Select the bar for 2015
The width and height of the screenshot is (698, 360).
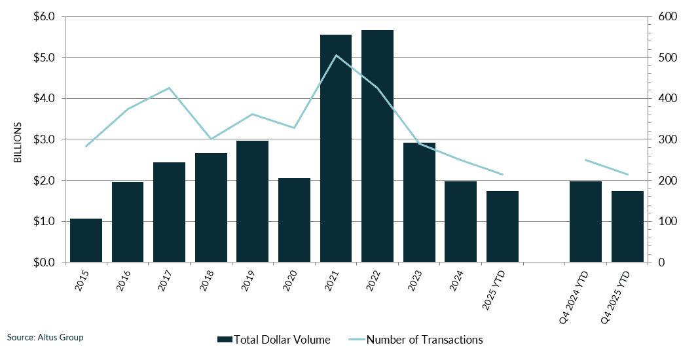[x=86, y=240]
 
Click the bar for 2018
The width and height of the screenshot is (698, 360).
[x=211, y=207]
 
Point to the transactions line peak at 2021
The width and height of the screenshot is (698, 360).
[x=336, y=55]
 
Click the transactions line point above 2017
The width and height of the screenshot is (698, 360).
[x=169, y=88]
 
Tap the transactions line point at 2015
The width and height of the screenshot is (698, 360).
[x=86, y=146]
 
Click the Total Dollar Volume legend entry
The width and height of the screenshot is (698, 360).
[x=274, y=340]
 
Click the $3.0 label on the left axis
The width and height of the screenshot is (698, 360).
[x=44, y=139]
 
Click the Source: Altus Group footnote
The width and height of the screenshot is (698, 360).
[x=45, y=337]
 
